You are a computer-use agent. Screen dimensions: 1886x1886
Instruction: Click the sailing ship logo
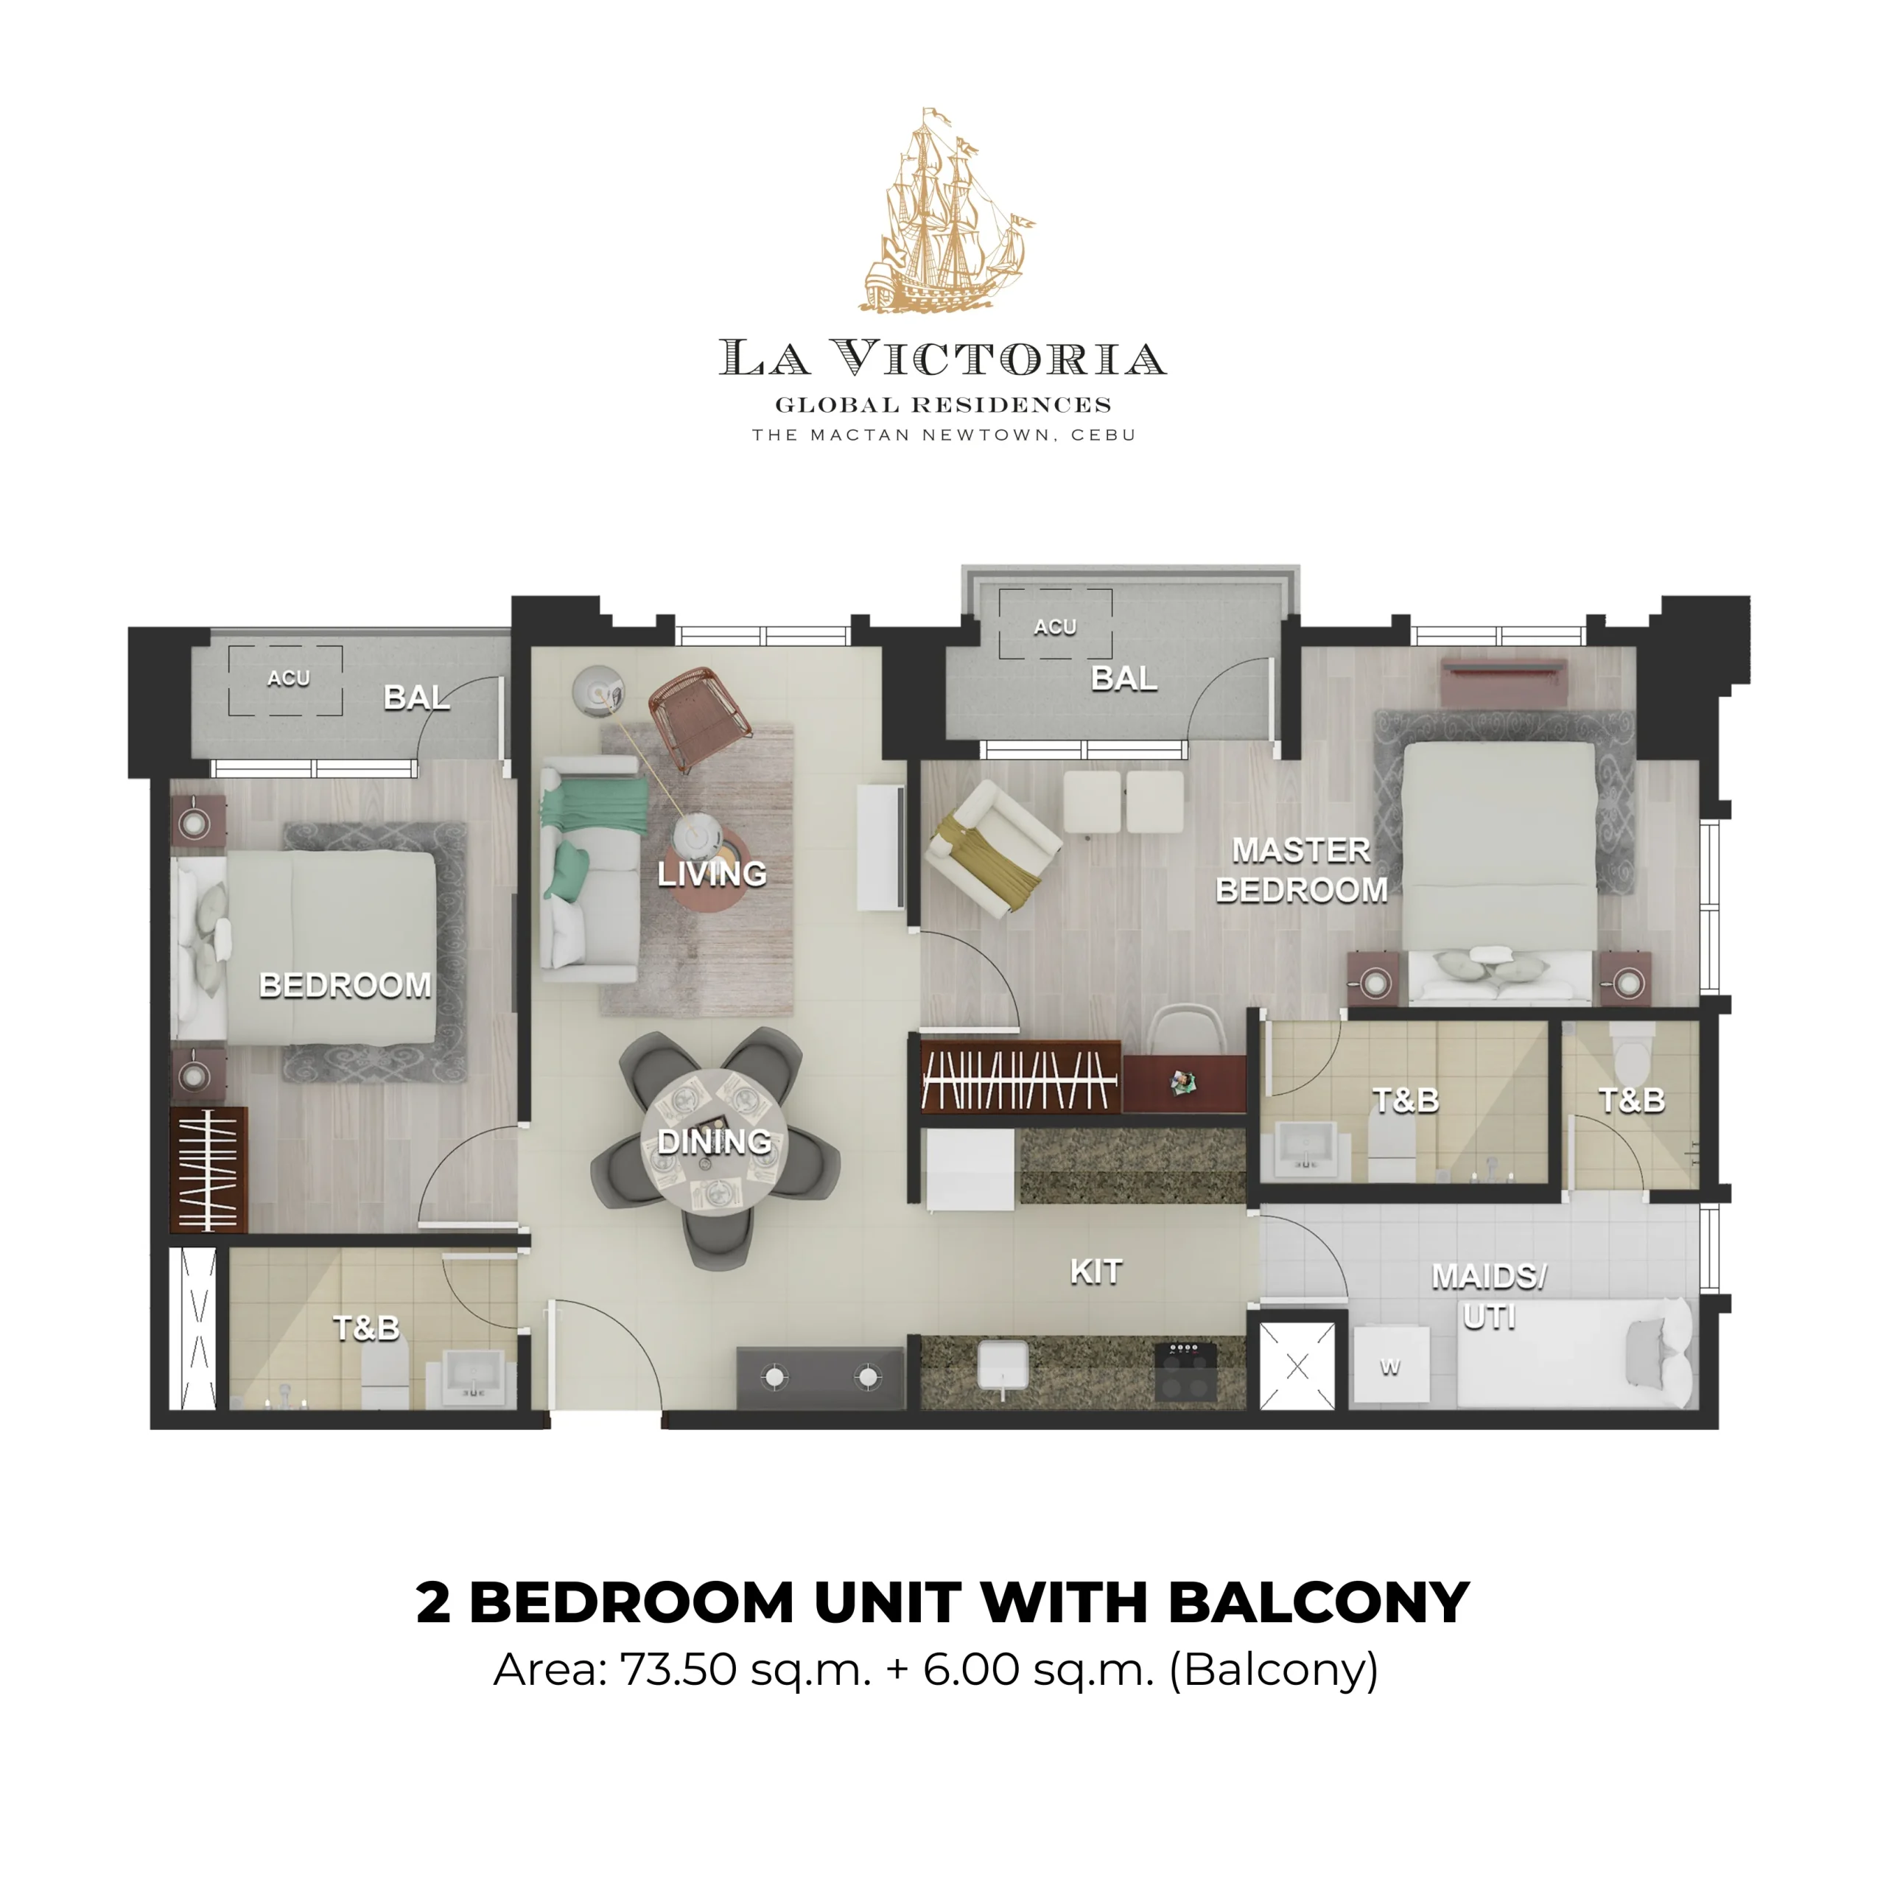[x=945, y=210]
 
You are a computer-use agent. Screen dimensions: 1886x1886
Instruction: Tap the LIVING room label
[x=712, y=873]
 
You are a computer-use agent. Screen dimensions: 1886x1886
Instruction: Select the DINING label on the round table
[x=714, y=1141]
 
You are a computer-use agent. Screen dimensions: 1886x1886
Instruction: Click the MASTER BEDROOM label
[x=1301, y=870]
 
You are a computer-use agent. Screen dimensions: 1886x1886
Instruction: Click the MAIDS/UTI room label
[x=1489, y=1297]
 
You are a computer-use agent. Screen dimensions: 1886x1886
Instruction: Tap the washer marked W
[x=1390, y=1367]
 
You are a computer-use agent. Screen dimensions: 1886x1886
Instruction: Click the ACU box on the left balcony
[x=285, y=679]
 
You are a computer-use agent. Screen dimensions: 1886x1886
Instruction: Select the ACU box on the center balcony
[x=1055, y=625]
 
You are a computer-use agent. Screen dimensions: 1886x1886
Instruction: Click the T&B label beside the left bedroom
[x=366, y=1328]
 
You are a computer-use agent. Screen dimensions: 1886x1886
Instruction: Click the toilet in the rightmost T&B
[x=1627, y=1045]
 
